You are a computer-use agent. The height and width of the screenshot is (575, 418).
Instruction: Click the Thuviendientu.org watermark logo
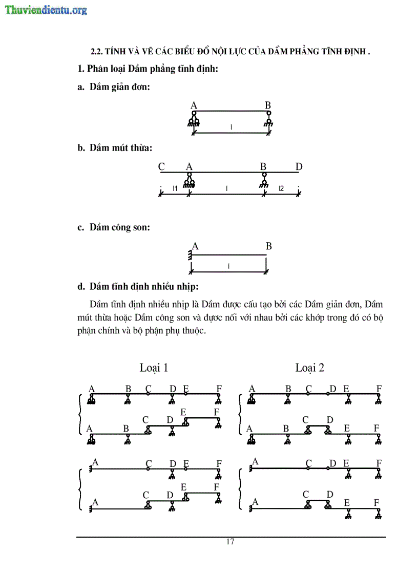[x=46, y=10]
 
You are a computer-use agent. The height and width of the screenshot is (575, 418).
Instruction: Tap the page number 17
[x=230, y=542]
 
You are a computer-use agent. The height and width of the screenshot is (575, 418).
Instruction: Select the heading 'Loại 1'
[x=154, y=368]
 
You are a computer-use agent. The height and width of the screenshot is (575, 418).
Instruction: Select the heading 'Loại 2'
[x=309, y=368]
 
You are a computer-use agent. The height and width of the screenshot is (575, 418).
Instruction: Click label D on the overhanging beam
[x=299, y=166]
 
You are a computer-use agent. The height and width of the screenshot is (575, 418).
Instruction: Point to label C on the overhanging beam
[x=161, y=166]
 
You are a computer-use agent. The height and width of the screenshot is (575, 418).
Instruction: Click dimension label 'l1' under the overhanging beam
[x=175, y=188]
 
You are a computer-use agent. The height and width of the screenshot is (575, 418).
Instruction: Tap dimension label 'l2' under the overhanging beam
[x=281, y=188]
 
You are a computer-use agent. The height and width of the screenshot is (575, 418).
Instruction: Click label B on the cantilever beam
[x=268, y=246]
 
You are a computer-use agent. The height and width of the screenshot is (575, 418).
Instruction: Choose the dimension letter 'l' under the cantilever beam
[x=228, y=266]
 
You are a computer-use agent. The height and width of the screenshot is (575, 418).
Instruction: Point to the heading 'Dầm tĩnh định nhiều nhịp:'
[x=144, y=285]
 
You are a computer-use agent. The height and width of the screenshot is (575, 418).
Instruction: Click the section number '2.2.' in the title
[x=98, y=52]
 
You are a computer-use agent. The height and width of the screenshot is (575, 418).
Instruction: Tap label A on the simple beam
[x=194, y=105]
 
